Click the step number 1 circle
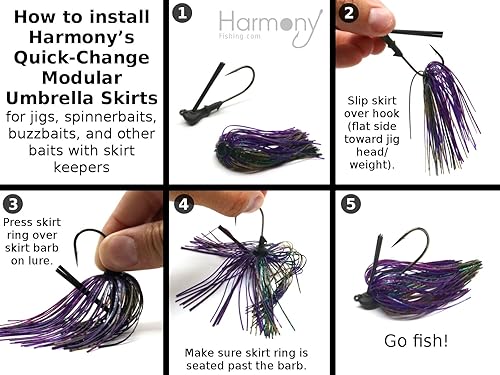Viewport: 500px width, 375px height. tap(182, 14)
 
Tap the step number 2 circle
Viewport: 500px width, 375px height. tap(349, 14)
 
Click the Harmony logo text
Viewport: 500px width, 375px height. tap(271, 27)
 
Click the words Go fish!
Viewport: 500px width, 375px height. tap(415, 340)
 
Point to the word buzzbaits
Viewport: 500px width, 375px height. tap(44, 136)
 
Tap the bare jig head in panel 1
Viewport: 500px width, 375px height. tap(193, 113)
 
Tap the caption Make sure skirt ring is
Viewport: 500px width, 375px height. tap(246, 352)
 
